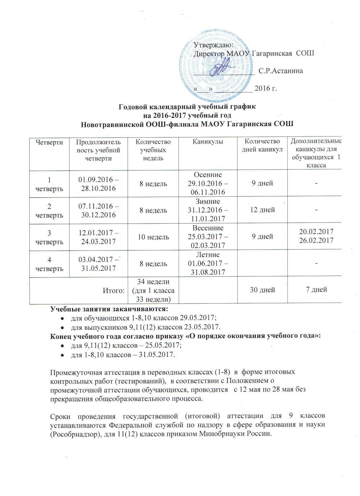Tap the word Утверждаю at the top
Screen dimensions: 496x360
(213, 45)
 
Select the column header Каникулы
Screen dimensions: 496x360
(208, 142)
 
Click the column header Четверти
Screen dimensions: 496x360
(49, 142)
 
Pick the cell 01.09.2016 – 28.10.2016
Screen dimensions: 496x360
(98, 184)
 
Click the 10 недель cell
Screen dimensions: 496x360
(153, 237)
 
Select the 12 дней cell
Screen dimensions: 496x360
(263, 210)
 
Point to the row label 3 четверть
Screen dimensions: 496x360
(49, 237)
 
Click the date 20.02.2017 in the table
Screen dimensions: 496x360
(316, 232)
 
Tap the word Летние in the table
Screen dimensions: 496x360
(208, 255)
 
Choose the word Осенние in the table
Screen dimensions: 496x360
(208, 175)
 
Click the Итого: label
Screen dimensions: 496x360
(114, 291)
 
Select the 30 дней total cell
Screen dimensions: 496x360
(263, 290)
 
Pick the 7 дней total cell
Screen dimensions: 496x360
(317, 289)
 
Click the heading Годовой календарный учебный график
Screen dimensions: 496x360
(187, 107)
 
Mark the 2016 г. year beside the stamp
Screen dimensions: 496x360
(265, 88)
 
